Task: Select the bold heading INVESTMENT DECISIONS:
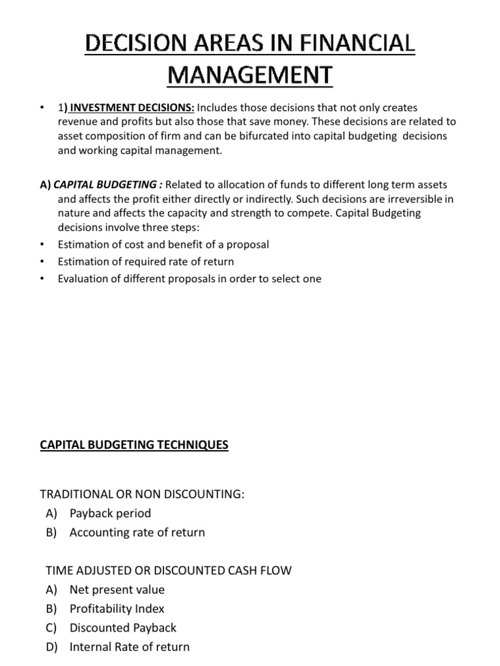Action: click(130, 107)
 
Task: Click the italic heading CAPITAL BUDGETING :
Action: click(107, 185)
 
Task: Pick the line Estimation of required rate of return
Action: click(146, 261)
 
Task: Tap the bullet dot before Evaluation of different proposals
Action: click(42, 279)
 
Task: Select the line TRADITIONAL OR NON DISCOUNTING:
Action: click(145, 494)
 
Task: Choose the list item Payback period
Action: click(110, 513)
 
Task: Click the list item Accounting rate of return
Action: click(137, 532)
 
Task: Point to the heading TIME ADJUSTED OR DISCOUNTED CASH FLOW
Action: click(169, 570)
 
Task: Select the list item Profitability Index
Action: click(117, 608)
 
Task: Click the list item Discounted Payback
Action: click(123, 628)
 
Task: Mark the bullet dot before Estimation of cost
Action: click(42, 245)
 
